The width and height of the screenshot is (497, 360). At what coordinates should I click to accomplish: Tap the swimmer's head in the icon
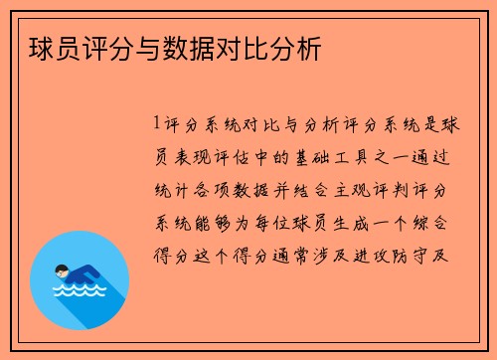point(63,270)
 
